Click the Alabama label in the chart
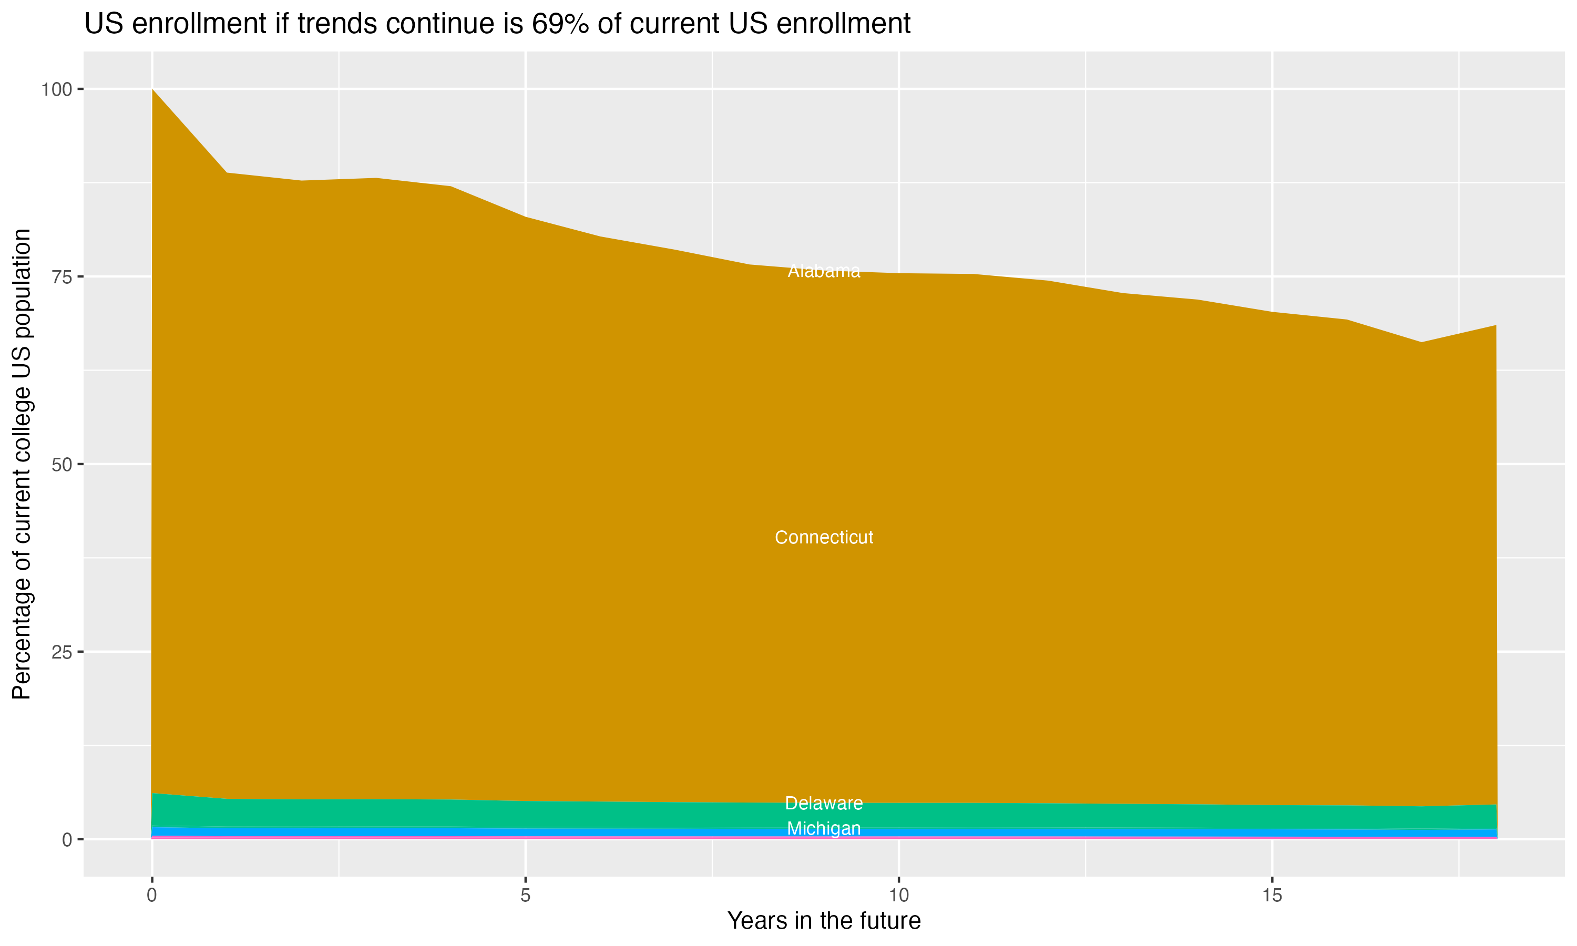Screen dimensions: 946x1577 [824, 272]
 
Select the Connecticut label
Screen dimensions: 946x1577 [824, 538]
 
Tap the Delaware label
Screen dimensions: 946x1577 [824, 803]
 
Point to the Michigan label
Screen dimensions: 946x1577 [824, 829]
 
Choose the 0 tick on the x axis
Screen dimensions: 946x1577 [152, 896]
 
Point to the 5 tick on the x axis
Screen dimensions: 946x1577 [525, 896]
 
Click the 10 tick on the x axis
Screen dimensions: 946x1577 [898, 896]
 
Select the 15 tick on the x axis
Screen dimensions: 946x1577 [1272, 896]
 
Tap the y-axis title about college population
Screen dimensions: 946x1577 [22, 464]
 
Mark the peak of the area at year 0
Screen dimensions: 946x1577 [152, 90]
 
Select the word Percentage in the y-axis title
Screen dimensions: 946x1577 [22, 644]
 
